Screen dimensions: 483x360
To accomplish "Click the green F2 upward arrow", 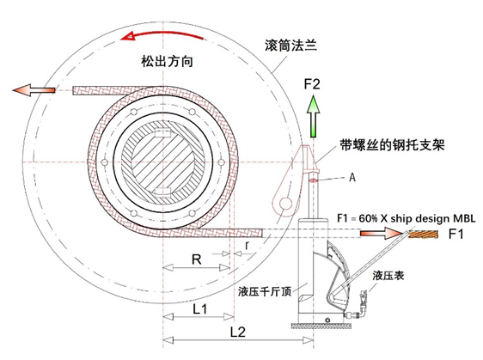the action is [x=314, y=116].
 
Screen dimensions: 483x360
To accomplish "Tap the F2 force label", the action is [x=312, y=84].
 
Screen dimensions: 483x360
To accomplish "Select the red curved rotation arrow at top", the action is [x=162, y=35].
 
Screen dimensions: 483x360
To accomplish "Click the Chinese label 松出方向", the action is [x=168, y=61].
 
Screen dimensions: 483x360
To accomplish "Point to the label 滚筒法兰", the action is [x=290, y=46].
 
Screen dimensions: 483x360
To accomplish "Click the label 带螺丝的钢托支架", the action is [x=392, y=144].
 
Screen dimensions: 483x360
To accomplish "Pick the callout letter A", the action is [x=352, y=177].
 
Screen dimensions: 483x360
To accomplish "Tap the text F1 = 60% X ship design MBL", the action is [x=406, y=218].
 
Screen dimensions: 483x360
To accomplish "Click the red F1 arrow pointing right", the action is [x=381, y=234].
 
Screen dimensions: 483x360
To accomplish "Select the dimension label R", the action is [x=196, y=259].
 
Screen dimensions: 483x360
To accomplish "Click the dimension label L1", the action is [x=200, y=308].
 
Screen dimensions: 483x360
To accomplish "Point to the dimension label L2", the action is [x=238, y=332].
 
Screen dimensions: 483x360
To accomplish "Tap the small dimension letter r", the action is [x=247, y=246].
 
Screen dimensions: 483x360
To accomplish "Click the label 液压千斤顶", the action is [x=265, y=291].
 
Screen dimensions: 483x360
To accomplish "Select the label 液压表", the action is [x=388, y=275].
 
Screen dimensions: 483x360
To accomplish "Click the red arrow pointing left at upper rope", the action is [x=34, y=90].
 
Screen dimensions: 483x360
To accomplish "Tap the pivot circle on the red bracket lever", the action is [x=285, y=204].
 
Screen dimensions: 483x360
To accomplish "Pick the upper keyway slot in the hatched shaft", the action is [x=162, y=134].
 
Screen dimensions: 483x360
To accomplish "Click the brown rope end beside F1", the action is [x=424, y=235].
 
